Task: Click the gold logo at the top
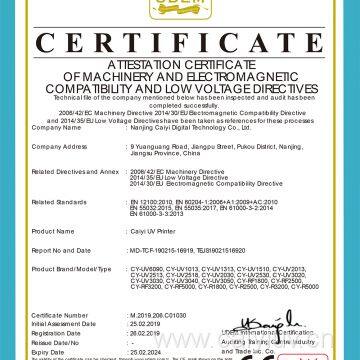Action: point(180,13)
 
